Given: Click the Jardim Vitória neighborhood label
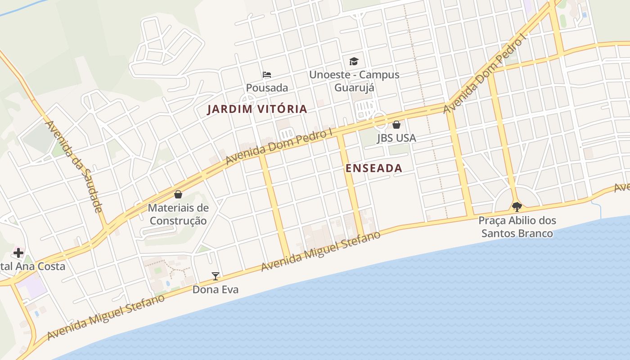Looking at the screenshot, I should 257,109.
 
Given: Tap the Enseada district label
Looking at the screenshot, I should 373,168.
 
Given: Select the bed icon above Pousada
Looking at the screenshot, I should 267,75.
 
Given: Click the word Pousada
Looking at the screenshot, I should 267,88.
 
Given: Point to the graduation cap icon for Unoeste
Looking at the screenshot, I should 354,61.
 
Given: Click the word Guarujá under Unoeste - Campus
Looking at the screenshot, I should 354,87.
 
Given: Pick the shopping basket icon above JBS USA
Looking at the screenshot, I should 396,125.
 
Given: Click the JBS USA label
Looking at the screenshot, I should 396,138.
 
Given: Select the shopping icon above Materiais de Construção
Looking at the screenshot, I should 178,194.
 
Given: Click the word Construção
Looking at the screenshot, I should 178,221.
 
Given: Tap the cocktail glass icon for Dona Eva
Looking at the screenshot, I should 216,276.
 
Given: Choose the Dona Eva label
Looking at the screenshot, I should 216,289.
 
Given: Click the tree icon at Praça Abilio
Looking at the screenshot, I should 517,207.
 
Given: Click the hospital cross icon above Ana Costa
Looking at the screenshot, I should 18,252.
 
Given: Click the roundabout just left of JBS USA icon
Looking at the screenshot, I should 380,120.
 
